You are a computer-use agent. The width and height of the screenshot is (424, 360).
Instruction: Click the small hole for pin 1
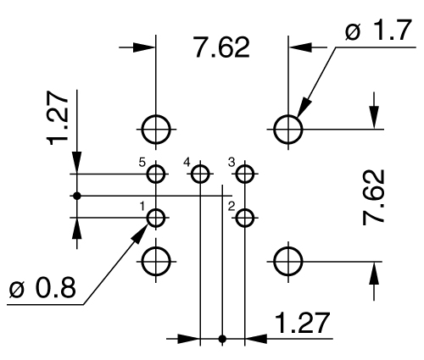tap(156, 218)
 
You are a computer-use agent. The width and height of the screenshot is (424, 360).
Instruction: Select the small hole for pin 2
tap(245, 218)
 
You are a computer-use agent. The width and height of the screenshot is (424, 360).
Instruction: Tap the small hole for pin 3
tap(245, 174)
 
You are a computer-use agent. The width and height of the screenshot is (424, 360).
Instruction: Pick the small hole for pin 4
tap(200, 174)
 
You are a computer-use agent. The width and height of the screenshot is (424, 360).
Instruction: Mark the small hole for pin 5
tap(156, 174)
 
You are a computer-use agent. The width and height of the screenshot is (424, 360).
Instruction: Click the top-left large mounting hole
tap(156, 129)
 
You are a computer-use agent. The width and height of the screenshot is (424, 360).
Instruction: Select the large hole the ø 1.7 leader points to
tap(289, 129)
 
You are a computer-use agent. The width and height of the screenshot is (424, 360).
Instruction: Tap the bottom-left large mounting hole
tap(156, 261)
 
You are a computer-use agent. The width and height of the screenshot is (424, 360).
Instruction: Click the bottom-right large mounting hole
tap(289, 261)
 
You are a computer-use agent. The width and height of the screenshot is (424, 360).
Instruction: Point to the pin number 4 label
tap(187, 161)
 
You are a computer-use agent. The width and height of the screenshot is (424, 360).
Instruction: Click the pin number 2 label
tap(232, 205)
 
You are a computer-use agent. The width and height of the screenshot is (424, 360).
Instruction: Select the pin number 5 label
tap(142, 161)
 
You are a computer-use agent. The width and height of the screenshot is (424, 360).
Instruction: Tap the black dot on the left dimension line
tap(77, 196)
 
